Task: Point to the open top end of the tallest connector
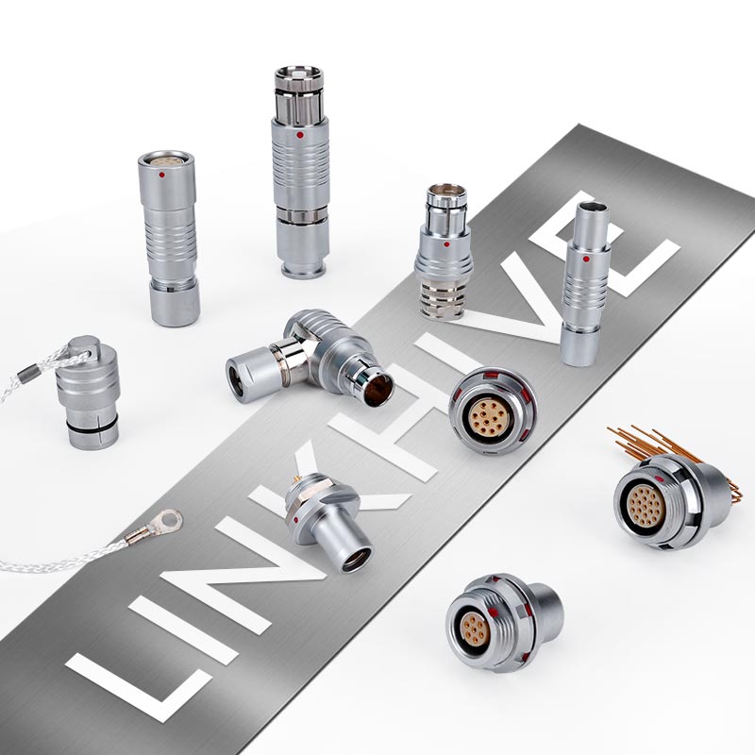click(298, 75)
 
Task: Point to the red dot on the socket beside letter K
click(298, 519)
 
